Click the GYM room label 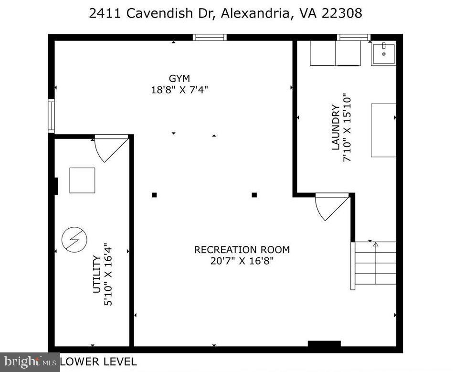click(x=179, y=78)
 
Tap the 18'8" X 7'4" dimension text click(x=179, y=89)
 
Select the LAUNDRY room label click(x=336, y=128)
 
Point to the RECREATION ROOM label click(x=242, y=249)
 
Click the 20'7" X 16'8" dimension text click(x=242, y=261)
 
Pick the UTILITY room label click(x=97, y=274)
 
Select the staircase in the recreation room click(x=375, y=263)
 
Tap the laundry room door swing click(x=331, y=206)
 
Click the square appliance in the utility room click(x=82, y=180)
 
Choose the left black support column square click(x=154, y=195)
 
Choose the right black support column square click(x=254, y=195)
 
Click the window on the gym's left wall click(x=51, y=115)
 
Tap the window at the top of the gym click(x=210, y=37)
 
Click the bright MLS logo click(x=30, y=362)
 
